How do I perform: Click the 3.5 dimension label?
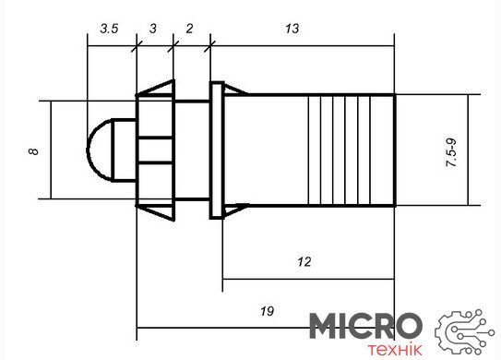point(109,29)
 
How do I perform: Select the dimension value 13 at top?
point(292,29)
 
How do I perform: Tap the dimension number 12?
point(304,262)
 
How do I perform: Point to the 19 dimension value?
point(267,311)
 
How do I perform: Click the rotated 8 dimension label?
point(33,151)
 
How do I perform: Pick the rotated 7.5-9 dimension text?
point(451,153)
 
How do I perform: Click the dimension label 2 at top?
point(189,29)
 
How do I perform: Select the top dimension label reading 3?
point(153,29)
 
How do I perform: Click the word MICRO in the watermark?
point(366,326)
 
